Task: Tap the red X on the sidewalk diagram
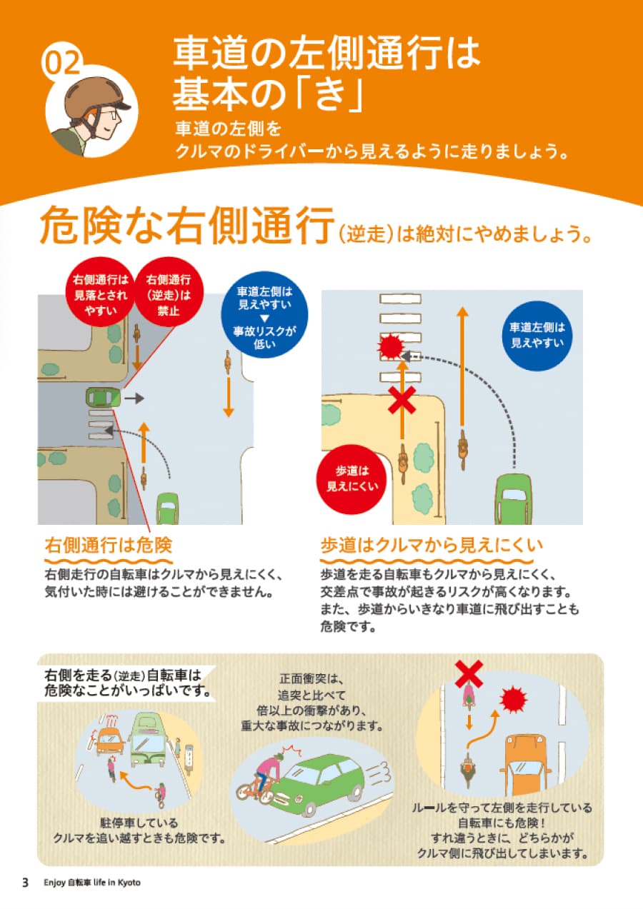pyautogui.click(x=402, y=401)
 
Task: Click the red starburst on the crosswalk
pyautogui.click(x=391, y=346)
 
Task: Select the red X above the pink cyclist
pyautogui.click(x=469, y=673)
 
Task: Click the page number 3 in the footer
pyautogui.click(x=25, y=883)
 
